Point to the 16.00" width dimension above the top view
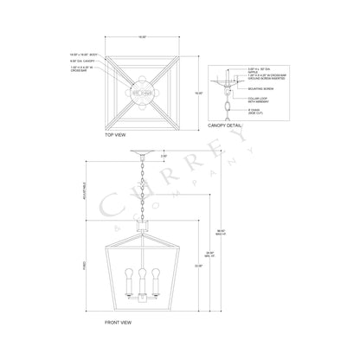[138, 38]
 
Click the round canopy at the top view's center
[139, 87]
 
